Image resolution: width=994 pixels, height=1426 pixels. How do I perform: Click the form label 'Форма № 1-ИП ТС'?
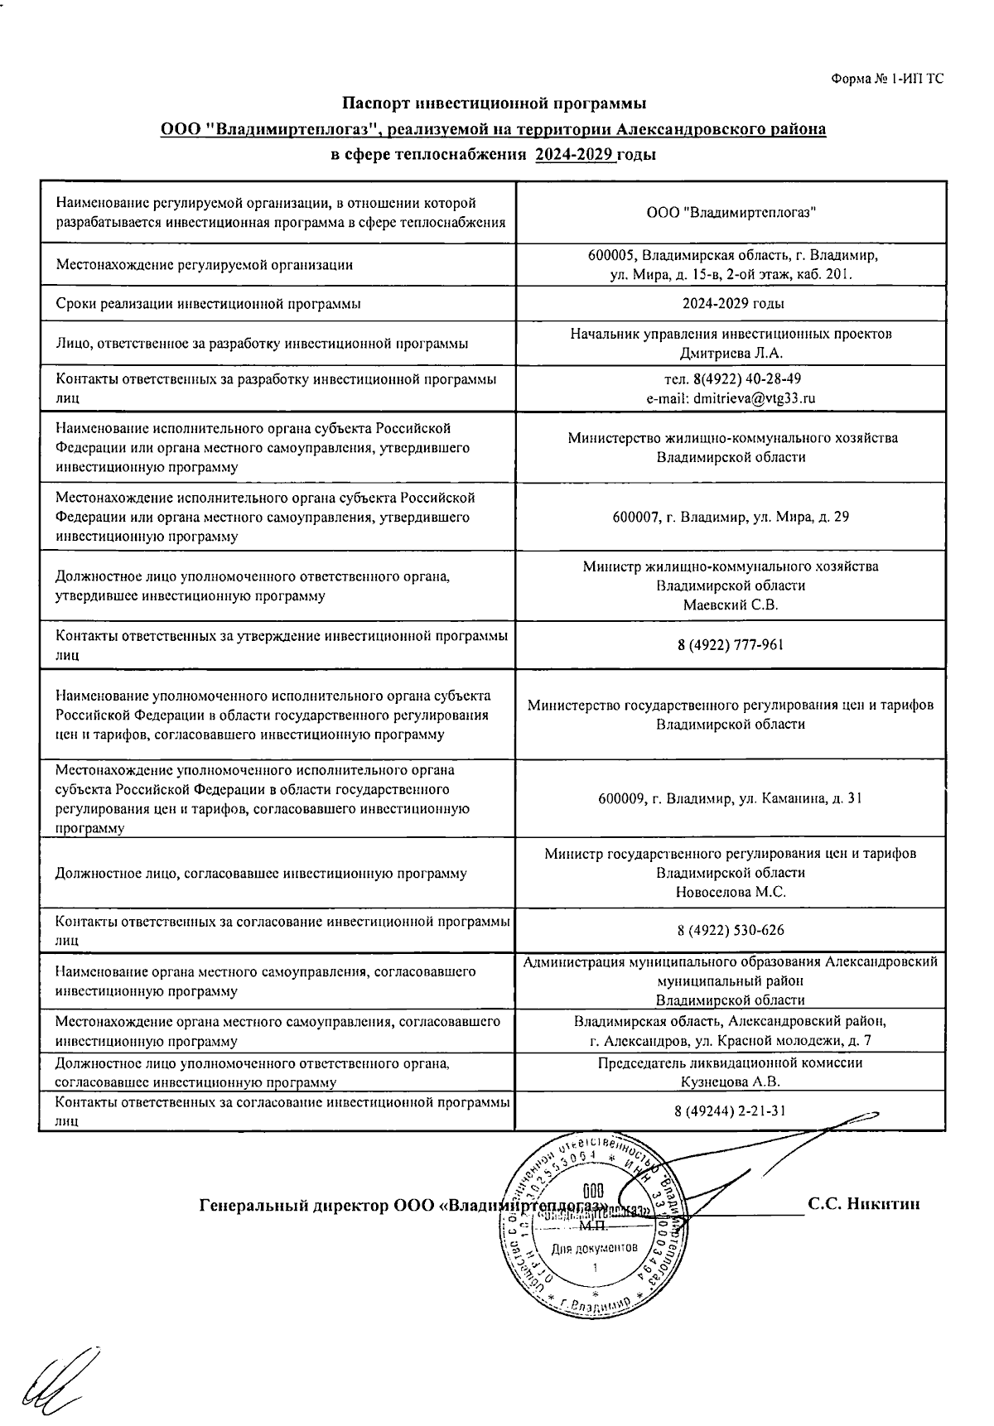click(886, 79)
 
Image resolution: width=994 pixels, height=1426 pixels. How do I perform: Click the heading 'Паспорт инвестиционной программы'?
click(495, 104)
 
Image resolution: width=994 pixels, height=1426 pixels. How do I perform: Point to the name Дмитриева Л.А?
click(731, 354)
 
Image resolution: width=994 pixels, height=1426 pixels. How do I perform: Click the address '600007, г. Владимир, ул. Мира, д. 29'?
click(730, 517)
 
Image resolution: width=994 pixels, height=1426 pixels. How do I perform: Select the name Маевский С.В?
click(730, 605)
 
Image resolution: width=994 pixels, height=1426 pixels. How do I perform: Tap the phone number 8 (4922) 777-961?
click(730, 645)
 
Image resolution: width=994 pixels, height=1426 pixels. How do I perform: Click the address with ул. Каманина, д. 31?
click(730, 799)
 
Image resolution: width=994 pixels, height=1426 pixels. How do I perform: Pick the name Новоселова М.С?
click(730, 893)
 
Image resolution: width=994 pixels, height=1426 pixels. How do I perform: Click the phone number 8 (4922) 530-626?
click(730, 931)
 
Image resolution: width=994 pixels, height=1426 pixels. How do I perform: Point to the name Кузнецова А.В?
click(730, 1082)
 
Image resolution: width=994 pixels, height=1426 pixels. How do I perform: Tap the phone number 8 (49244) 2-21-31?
click(730, 1110)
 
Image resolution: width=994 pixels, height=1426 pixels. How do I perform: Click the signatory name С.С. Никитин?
click(864, 1205)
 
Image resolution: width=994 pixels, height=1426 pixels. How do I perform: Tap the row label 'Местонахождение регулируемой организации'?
click(204, 265)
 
